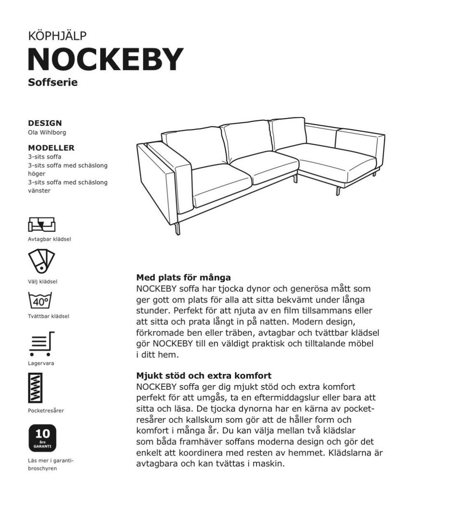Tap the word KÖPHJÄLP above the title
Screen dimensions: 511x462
57,36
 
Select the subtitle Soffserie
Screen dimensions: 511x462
52,82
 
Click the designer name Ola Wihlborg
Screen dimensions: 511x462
47,132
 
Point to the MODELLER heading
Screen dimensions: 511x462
51,148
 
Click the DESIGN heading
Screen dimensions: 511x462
45,123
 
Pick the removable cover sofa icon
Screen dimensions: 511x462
41,224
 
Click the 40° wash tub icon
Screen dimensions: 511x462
40,301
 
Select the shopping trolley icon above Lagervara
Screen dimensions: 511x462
41,344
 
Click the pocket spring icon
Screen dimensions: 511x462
35,388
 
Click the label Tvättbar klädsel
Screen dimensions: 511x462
48,316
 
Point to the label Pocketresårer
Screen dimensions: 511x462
46,410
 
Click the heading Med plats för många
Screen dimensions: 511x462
183,278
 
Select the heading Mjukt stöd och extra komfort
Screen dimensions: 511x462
204,375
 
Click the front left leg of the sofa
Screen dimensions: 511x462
178,228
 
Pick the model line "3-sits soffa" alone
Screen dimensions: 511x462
44,157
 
